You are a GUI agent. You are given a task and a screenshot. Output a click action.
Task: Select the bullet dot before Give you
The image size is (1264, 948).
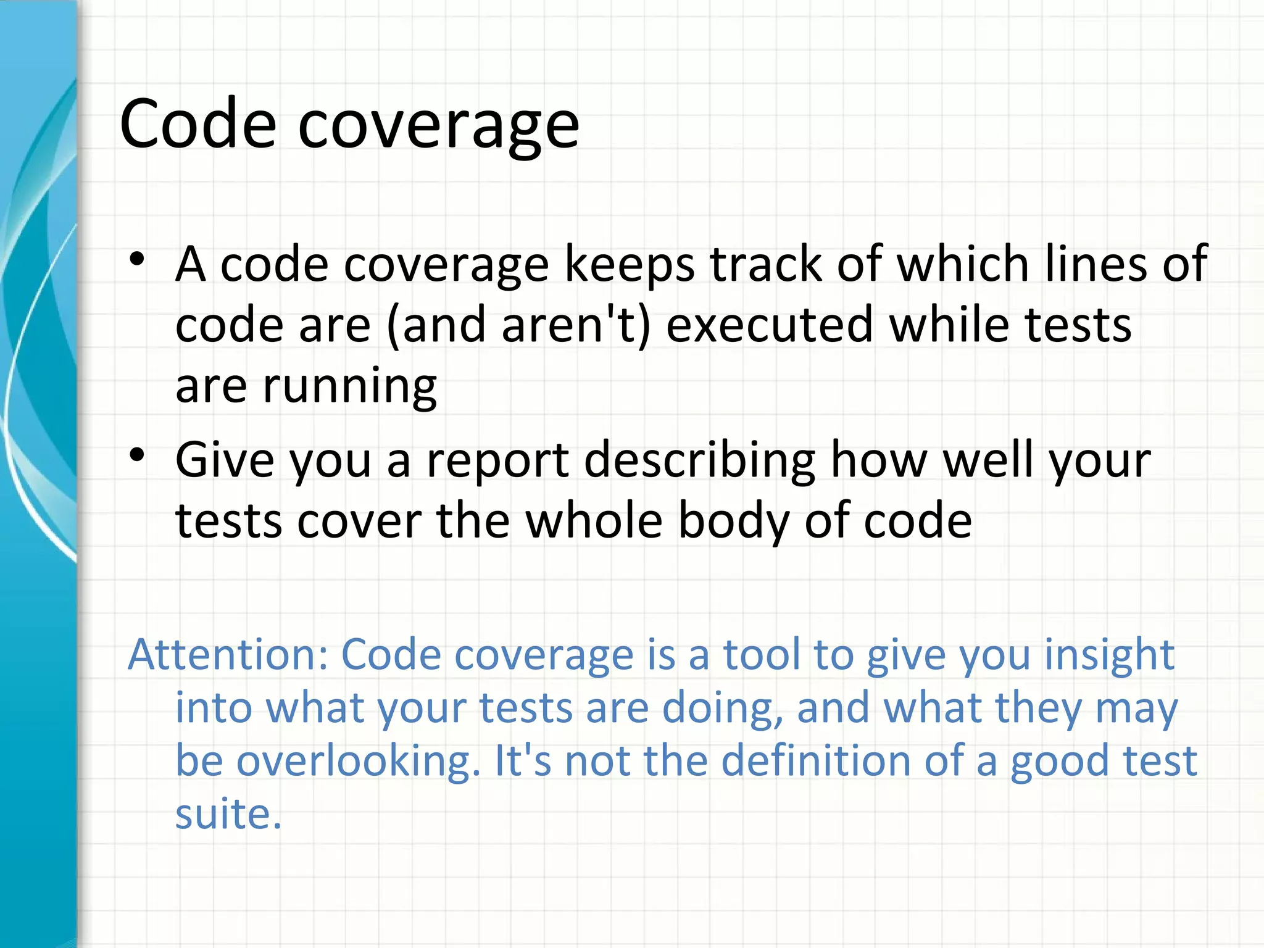pyautogui.click(x=137, y=455)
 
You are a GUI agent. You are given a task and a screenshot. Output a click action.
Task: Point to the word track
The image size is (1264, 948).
pyautogui.click(x=766, y=264)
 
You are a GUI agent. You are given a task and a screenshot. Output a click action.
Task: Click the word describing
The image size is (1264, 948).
pyautogui.click(x=700, y=461)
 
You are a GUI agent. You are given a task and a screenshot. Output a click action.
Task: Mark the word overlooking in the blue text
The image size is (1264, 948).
pyautogui.click(x=358, y=761)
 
